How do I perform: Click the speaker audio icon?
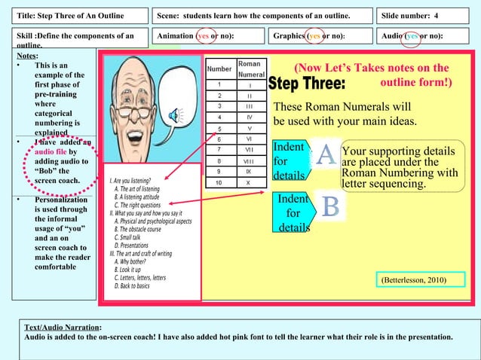[x=176, y=114]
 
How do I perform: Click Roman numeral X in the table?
[x=248, y=182]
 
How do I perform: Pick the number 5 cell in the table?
[x=219, y=128]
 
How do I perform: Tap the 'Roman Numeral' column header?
[x=250, y=69]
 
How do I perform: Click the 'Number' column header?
[x=219, y=69]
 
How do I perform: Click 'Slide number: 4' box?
[x=426, y=15]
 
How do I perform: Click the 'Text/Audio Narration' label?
[x=62, y=327]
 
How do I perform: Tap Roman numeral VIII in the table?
[x=248, y=160]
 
